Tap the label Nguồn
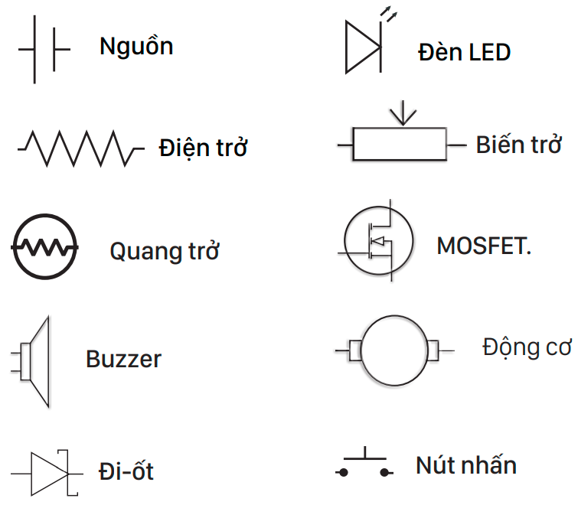click(136, 47)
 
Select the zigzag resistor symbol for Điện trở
click(80, 147)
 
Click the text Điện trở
click(204, 147)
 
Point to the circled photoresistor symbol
click(44, 246)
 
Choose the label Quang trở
click(165, 251)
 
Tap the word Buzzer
click(124, 360)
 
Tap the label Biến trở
click(519, 145)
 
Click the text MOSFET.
click(484, 246)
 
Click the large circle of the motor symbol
click(394, 350)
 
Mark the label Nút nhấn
click(466, 464)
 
